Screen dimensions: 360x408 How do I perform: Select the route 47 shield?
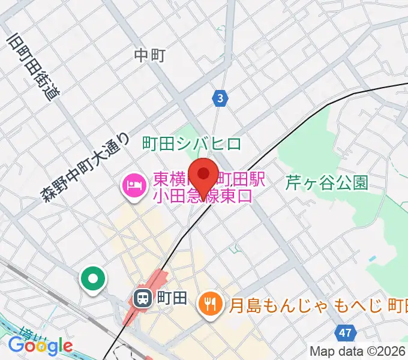pos(344,332)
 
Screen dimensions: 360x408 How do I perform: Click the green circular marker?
pos(94,280)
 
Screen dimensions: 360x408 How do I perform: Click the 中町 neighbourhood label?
pos(149,56)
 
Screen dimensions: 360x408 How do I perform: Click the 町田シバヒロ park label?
pos(191,144)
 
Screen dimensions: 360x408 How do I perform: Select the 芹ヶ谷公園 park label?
pos(326,182)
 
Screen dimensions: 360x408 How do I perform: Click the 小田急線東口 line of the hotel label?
pos(205,195)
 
